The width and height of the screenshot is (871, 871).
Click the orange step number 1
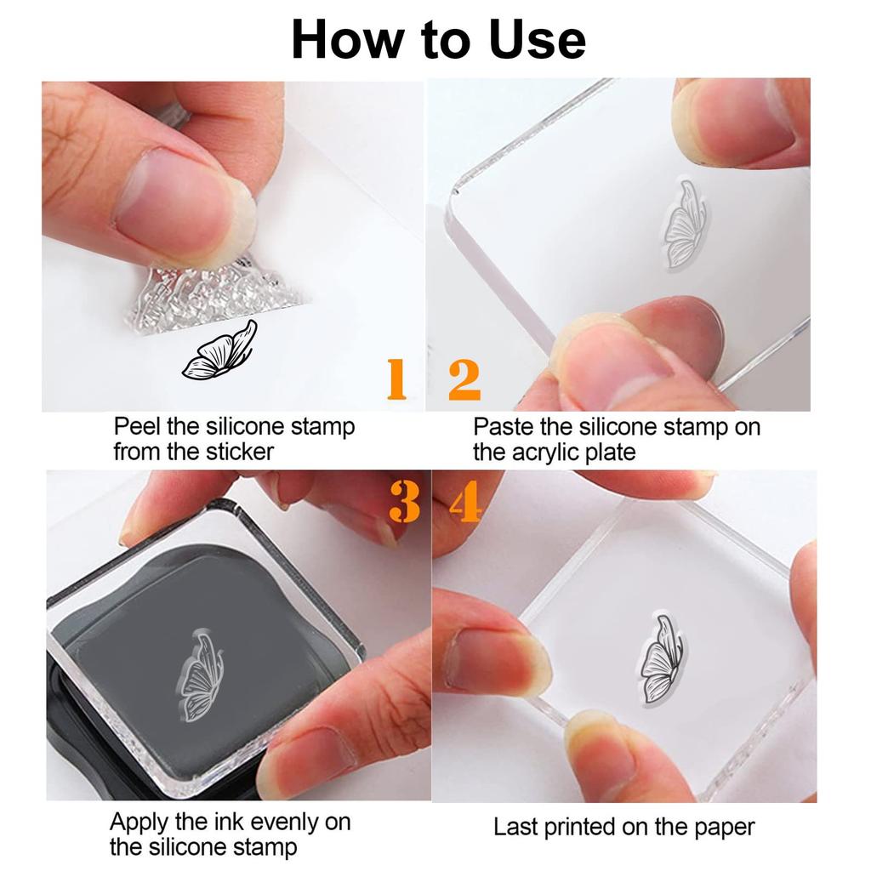pos(396,379)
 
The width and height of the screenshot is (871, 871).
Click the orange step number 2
pos(464,379)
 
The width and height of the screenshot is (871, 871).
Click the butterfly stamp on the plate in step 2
pos(685,224)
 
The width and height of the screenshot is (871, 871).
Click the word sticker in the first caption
pos(239,452)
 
